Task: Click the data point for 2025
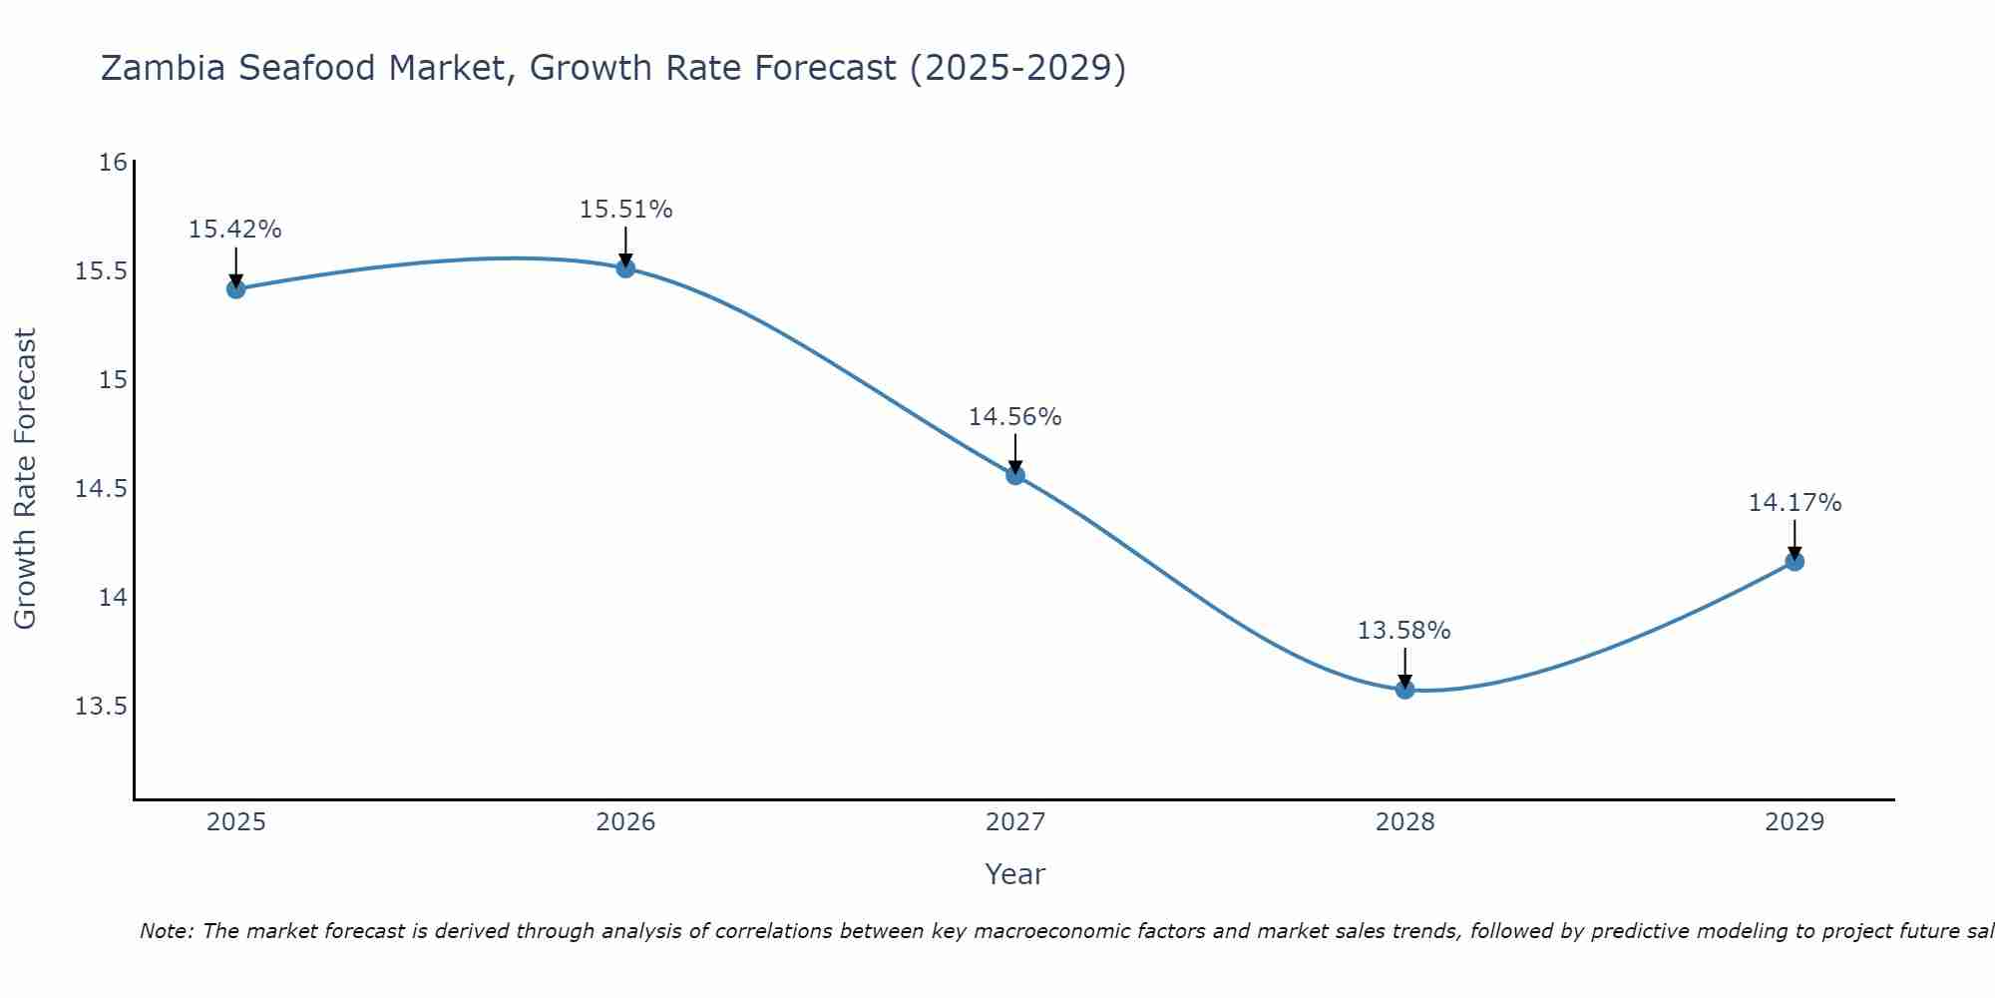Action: tap(235, 289)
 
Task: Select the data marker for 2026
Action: tap(625, 268)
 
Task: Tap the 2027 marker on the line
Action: tap(1015, 475)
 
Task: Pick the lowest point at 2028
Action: tap(1404, 689)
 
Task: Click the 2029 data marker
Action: tap(1795, 561)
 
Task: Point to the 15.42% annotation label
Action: tap(235, 230)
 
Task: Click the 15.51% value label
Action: tap(625, 210)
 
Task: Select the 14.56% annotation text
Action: tap(1015, 417)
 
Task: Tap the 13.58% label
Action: tap(1404, 631)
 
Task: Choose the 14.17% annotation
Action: tap(1795, 503)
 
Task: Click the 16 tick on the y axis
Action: tap(113, 163)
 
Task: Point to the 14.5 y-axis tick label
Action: tap(102, 489)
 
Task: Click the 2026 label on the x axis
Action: tap(625, 822)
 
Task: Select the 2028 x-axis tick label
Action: tap(1404, 822)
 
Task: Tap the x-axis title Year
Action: tap(1015, 874)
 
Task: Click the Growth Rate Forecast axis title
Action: tap(26, 479)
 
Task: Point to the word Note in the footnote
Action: tap(167, 931)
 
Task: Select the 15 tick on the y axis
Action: tap(113, 380)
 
